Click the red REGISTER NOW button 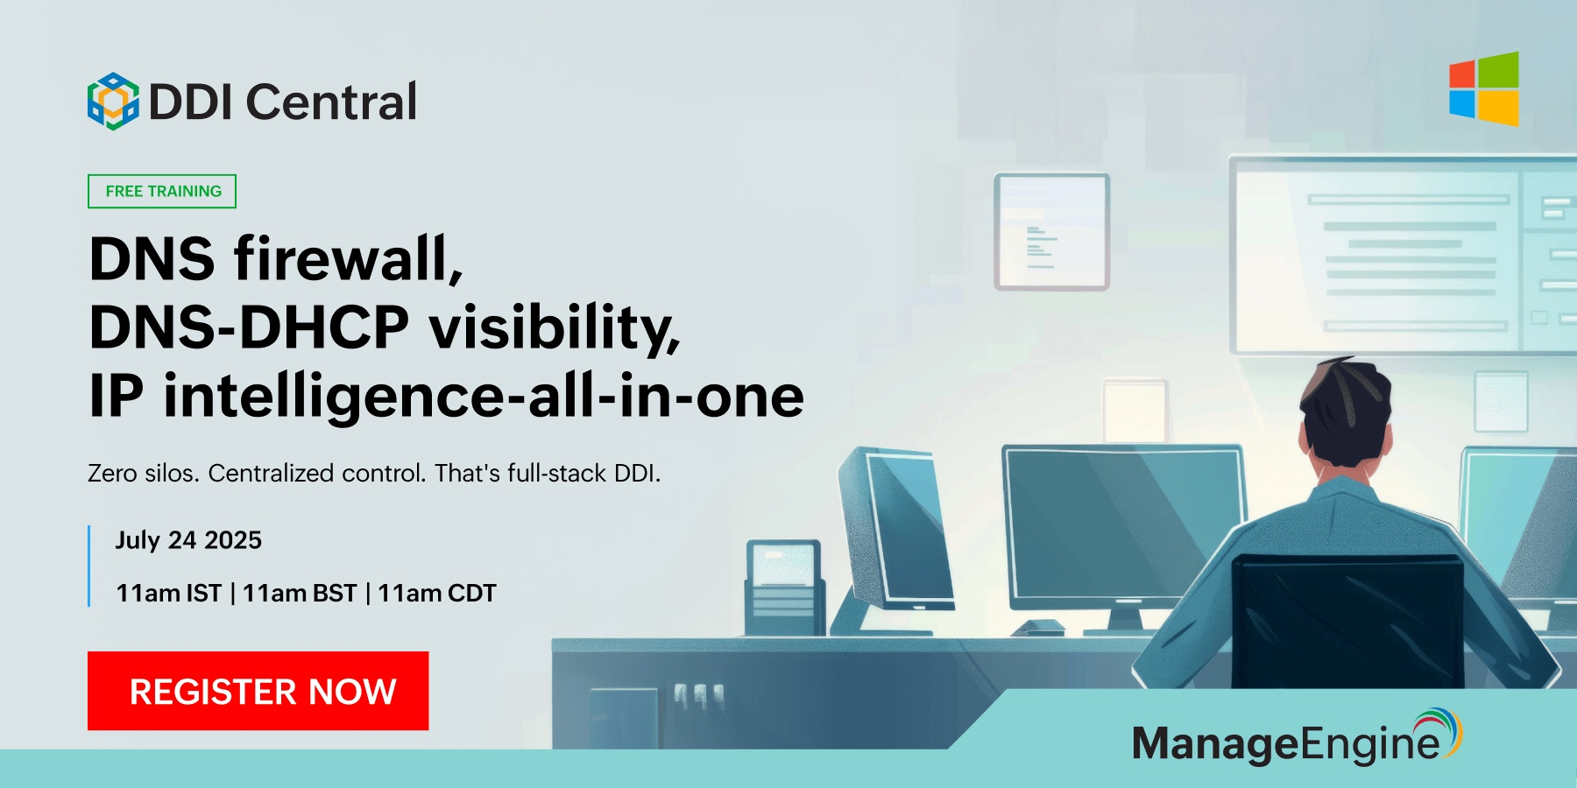pos(258,691)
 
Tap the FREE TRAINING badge pos(162,191)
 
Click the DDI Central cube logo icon pos(113,102)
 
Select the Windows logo pos(1483,89)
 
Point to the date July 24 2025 pos(188,540)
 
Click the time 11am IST pos(168,594)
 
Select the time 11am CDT pos(437,594)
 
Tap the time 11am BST pos(300,594)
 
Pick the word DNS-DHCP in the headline pos(249,327)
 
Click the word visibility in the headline pos(554,327)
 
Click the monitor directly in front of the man pos(1123,525)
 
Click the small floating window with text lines pos(1051,232)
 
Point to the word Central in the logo pos(331,102)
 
